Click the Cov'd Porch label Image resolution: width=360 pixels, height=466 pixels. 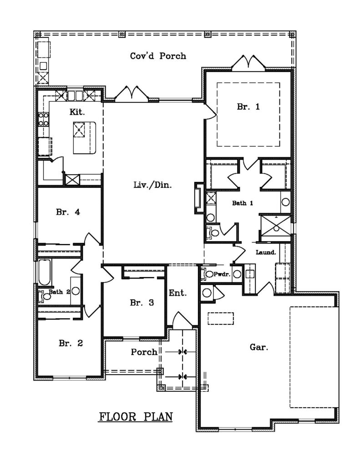[x=158, y=56]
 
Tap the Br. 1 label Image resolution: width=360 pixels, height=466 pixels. [x=248, y=106]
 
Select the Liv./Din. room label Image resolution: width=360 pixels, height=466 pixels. [x=152, y=185]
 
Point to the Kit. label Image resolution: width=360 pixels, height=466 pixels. [x=77, y=112]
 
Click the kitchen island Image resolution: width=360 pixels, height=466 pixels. [x=85, y=137]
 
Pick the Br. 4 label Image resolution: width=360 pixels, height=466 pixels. [x=68, y=212]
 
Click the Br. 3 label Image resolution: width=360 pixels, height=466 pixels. [x=142, y=303]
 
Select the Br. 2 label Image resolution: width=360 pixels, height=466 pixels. [x=71, y=343]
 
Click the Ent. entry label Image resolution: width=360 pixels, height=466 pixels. [x=178, y=293]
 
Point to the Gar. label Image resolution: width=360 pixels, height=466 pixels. [x=259, y=347]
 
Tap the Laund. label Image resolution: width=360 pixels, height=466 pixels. [x=266, y=252]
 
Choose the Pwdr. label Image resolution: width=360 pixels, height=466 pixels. [x=222, y=274]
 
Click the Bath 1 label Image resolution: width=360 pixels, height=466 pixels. [x=242, y=203]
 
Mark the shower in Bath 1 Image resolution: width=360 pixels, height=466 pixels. [x=275, y=228]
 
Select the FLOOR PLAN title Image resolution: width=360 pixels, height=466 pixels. [x=136, y=417]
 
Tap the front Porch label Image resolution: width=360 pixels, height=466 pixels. [x=144, y=352]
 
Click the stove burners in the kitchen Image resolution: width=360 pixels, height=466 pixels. [x=44, y=119]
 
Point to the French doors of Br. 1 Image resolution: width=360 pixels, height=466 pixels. [x=248, y=63]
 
